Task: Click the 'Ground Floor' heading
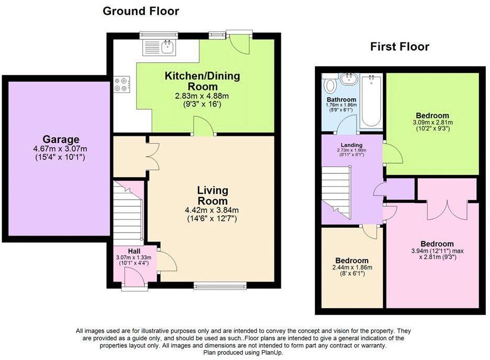141,11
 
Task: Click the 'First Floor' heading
400,47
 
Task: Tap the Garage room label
61,140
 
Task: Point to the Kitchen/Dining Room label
202,81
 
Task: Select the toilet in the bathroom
330,85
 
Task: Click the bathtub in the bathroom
372,101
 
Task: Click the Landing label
351,145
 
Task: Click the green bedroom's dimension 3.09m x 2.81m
432,123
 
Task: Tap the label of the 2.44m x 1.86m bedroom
351,260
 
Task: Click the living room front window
220,286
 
